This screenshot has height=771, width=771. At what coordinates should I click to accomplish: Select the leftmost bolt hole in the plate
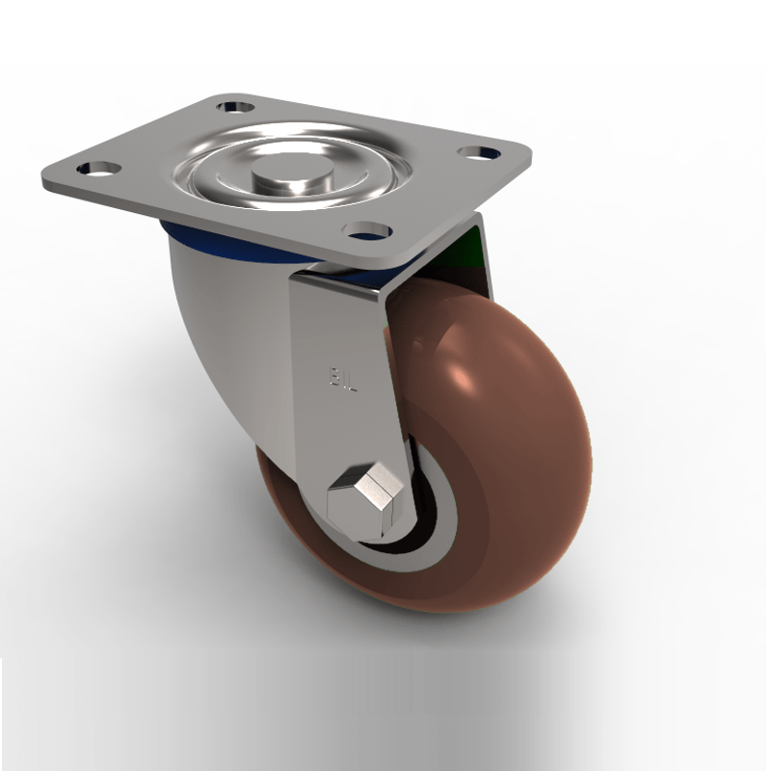click(99, 170)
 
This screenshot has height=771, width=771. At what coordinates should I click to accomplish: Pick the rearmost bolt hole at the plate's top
click(234, 106)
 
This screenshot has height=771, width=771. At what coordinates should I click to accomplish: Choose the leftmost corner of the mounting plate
click(44, 180)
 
